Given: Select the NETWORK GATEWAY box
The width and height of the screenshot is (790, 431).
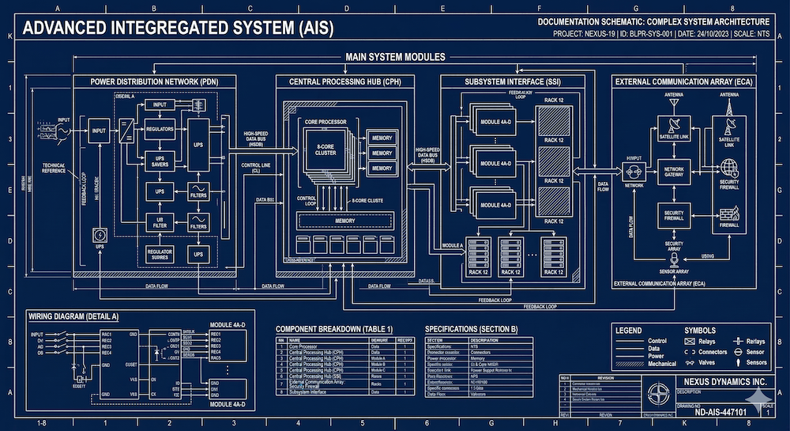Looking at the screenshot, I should [x=673, y=173].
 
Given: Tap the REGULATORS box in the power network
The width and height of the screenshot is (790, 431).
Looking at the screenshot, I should [x=160, y=127].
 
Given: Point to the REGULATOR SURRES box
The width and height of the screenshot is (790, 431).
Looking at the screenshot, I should [x=160, y=253].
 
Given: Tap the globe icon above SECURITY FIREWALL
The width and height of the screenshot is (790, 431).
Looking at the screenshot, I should [x=728, y=167].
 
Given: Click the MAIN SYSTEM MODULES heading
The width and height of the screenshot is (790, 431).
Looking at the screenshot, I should [x=395, y=57].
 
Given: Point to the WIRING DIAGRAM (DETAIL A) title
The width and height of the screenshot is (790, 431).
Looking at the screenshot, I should [x=73, y=316].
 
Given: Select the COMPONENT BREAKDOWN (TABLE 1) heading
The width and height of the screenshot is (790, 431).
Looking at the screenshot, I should [x=333, y=328].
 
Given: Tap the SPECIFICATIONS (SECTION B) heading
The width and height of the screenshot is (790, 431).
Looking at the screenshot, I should [x=471, y=328].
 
